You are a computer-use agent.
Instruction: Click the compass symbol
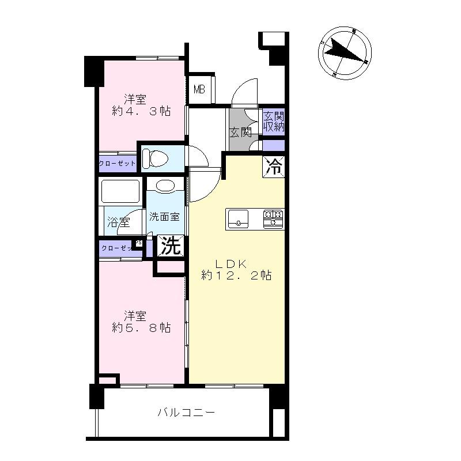click(345, 53)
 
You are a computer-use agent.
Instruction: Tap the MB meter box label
click(199, 89)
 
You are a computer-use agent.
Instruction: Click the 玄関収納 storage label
click(274, 122)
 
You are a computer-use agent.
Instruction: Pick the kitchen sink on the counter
click(239, 218)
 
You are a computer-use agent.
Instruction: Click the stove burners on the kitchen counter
click(273, 218)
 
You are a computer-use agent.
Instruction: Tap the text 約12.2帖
click(236, 276)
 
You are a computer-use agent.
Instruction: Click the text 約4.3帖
click(141, 112)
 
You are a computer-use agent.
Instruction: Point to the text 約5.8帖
click(141, 328)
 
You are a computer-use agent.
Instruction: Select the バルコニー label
click(186, 413)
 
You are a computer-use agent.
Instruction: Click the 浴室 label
click(119, 222)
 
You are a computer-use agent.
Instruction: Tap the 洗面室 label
click(165, 217)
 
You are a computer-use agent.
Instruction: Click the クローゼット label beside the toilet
click(118, 164)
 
